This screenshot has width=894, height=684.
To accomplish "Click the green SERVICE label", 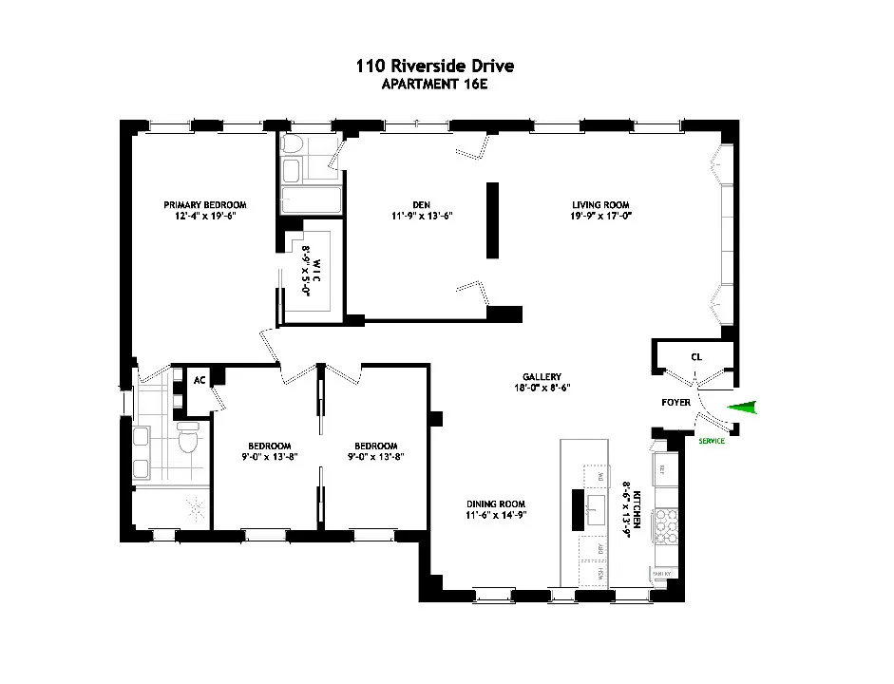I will click(712, 442).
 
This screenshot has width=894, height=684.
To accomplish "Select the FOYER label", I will click(675, 403).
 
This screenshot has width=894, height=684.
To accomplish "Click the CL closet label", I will click(695, 358).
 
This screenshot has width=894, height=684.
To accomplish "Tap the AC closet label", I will click(200, 380).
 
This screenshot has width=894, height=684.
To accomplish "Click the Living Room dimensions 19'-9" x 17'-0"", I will click(600, 217).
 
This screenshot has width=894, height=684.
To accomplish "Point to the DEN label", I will click(422, 204).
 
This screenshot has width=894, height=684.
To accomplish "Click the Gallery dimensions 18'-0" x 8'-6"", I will click(539, 388).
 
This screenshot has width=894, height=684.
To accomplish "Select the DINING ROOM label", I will click(495, 503).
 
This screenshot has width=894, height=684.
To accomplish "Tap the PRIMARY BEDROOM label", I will click(205, 204).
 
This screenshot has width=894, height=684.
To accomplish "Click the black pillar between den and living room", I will click(493, 219).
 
